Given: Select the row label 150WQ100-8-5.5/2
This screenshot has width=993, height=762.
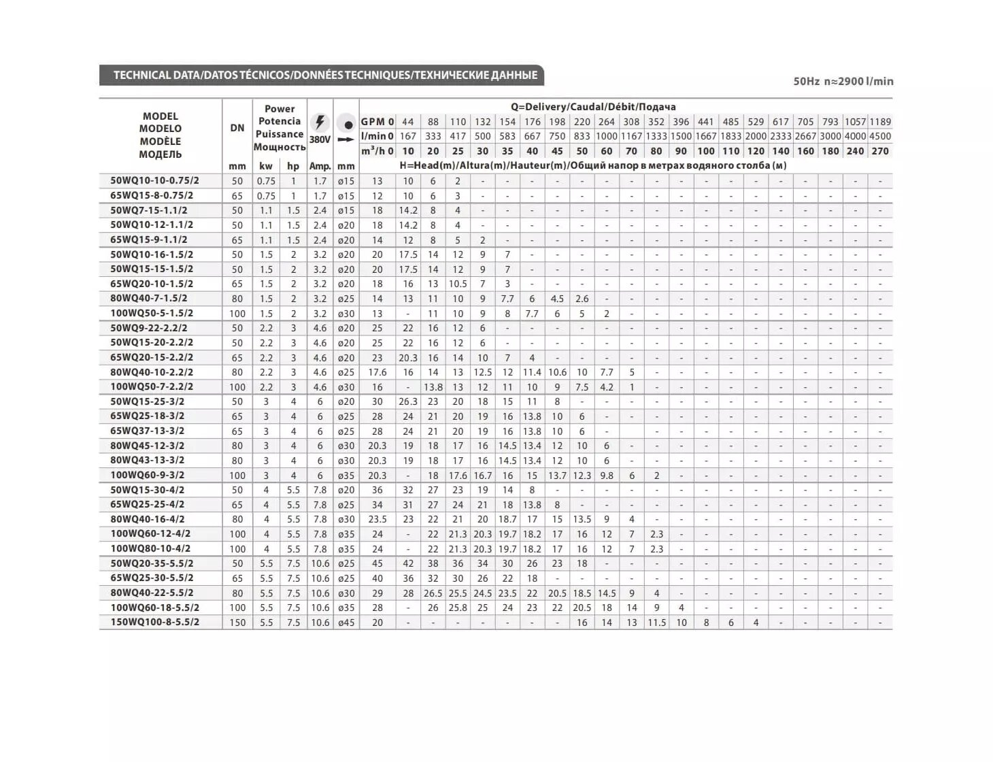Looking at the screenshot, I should tap(155, 622).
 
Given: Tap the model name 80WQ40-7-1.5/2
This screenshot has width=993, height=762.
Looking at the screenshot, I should tap(149, 298).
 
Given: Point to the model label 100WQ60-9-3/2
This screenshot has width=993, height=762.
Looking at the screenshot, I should tap(148, 475).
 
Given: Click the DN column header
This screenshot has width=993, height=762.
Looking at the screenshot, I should tap(237, 128).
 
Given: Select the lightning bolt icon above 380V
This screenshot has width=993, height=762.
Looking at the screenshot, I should tap(320, 122).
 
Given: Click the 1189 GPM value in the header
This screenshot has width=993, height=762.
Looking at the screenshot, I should tap(880, 122).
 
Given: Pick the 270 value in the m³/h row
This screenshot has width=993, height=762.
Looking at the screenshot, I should tap(880, 151).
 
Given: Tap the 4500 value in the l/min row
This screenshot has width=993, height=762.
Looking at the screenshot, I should tap(880, 136).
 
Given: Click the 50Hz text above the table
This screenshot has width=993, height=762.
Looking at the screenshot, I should tap(807, 82).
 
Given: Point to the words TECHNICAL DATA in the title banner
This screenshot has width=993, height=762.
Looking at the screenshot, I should tap(156, 76).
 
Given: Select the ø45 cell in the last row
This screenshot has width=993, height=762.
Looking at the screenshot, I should tap(346, 623).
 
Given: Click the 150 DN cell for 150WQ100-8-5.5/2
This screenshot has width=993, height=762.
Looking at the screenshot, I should tap(237, 623).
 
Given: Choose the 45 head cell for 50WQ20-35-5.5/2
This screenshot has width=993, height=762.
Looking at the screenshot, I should tap(377, 563).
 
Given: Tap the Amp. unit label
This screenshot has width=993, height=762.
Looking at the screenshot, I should tap(320, 166).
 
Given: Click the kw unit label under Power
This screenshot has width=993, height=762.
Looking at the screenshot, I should tap(266, 166).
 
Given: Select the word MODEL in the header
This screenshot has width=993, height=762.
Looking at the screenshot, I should tap(161, 116).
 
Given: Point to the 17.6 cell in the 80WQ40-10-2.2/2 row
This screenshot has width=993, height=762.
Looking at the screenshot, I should tap(377, 372).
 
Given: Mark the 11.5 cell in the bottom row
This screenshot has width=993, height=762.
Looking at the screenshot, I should tap(656, 623).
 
